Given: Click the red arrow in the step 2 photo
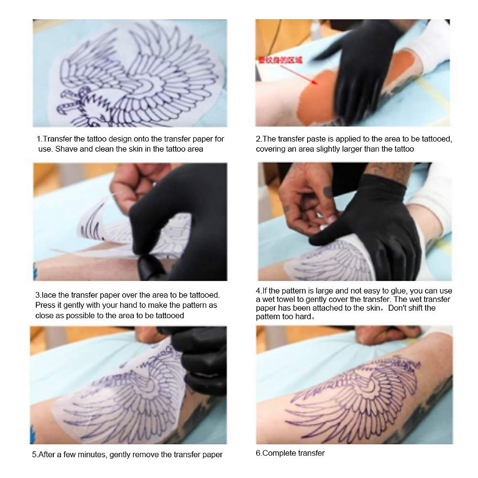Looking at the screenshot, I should click(299, 74).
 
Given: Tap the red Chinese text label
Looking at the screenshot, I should click(280, 60).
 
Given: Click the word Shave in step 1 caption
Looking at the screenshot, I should click(64, 149).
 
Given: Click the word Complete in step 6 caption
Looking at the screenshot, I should click(279, 453).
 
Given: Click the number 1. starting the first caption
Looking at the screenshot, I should click(39, 139).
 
